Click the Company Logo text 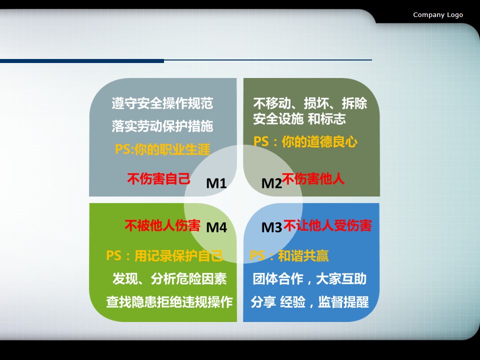(438, 15)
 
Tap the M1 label (216, 183)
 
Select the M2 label (271, 183)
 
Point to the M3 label (271, 227)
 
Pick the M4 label (216, 227)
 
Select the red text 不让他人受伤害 (327, 225)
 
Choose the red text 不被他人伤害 (162, 225)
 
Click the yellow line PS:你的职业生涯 (162, 149)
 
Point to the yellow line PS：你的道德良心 (305, 141)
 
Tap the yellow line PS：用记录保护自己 (164, 256)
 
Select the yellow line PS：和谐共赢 (289, 256)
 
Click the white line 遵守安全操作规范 (162, 103)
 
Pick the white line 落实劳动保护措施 (162, 126)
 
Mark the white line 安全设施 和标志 (299, 119)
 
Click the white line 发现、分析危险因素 (169, 279)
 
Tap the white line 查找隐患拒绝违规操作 (169, 302)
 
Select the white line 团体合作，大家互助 (309, 279)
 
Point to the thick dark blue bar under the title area (82, 61)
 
